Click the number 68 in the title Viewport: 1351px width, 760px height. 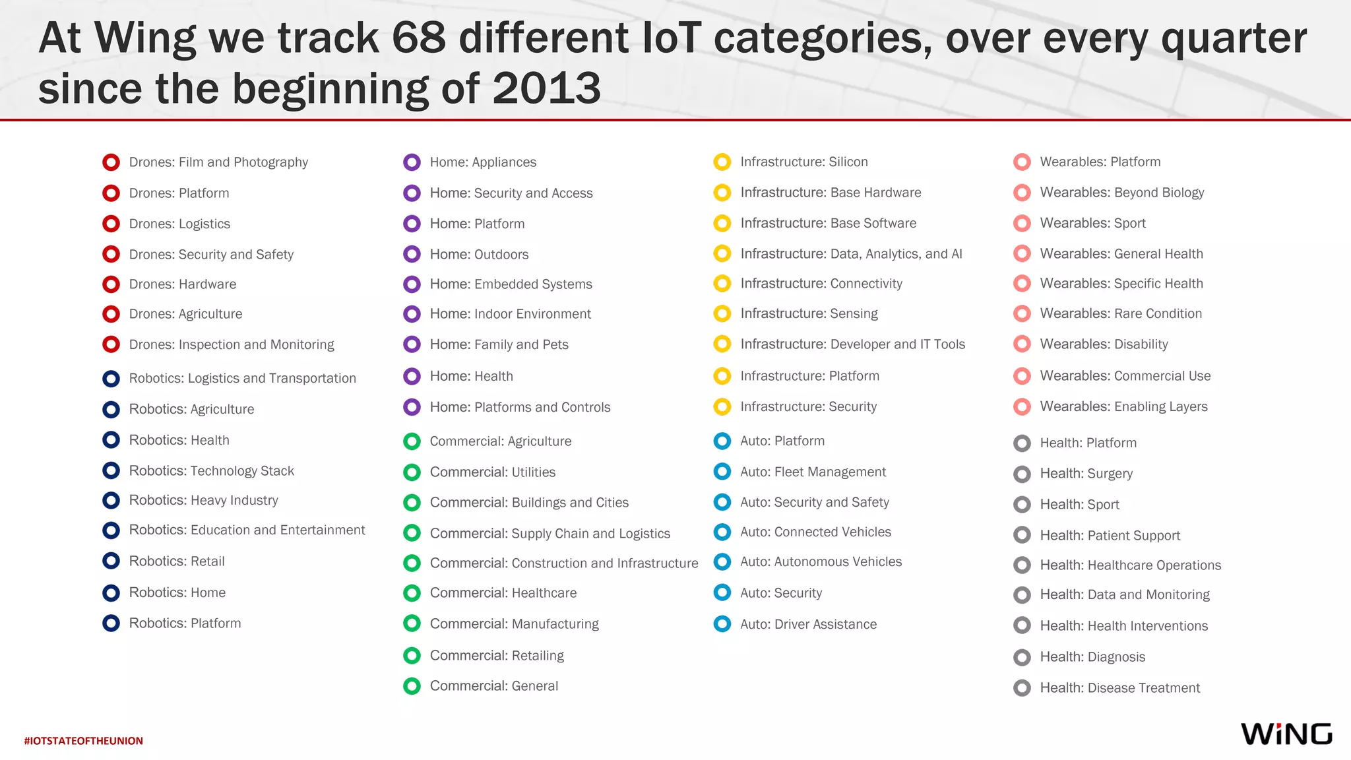(418, 38)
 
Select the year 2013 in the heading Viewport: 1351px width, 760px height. (546, 88)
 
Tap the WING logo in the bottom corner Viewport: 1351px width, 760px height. (1286, 734)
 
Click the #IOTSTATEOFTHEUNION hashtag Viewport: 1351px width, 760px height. (83, 741)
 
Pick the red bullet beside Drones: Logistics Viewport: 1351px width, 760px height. (111, 224)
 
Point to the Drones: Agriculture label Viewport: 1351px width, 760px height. (185, 314)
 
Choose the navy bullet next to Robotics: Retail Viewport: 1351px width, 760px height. (111, 561)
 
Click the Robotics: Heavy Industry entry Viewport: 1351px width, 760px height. (203, 500)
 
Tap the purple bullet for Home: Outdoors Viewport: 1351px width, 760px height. (412, 254)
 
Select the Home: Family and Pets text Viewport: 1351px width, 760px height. (499, 344)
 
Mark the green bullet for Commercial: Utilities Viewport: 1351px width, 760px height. (412, 472)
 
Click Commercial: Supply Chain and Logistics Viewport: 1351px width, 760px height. (550, 533)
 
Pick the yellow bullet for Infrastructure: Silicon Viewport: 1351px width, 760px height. (722, 162)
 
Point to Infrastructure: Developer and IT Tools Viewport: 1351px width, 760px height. (852, 344)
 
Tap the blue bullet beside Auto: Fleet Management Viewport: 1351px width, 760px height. (722, 472)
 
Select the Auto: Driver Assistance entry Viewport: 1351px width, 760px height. (808, 624)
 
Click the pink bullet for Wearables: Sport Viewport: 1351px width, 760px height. (1022, 223)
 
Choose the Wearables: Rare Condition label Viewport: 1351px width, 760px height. (1121, 313)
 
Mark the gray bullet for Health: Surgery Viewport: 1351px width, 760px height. (1022, 474)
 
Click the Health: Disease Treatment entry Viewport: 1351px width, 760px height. (1119, 688)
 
